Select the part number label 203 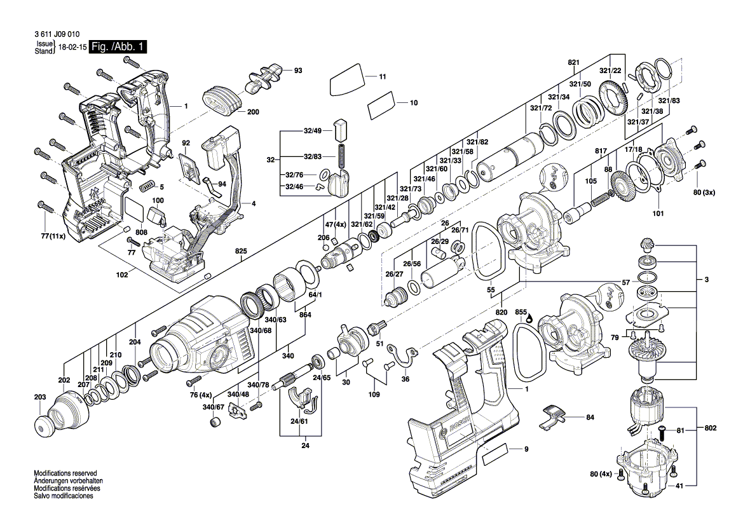pos(40,397)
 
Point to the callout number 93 pos(297,71)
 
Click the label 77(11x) pos(51,236)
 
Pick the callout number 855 pos(521,312)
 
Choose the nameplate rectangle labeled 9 pos(495,453)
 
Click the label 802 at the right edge pos(711,428)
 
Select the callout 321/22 pos(610,71)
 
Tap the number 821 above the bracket pos(574,62)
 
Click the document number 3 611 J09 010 pos(57,34)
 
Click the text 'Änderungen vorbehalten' pos(68,481)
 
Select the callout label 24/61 pos(299,421)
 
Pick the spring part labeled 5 pos(147,186)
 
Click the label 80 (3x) pos(704,193)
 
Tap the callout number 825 pos(241,252)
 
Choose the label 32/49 pos(313,131)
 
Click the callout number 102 pos(122,275)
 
